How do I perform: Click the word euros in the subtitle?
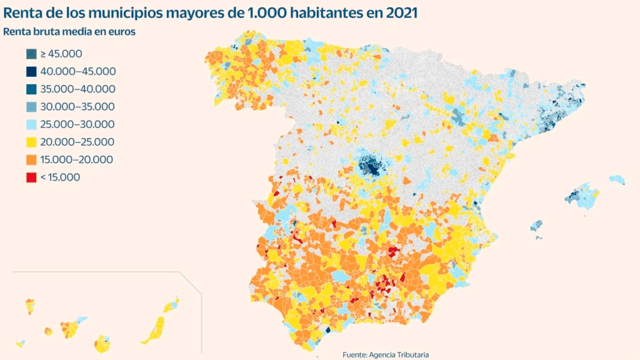122,31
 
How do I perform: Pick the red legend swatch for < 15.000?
31,177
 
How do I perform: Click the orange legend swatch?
31,160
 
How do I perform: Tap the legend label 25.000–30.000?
77,124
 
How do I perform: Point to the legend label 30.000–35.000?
77,107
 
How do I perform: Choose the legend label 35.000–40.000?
77,89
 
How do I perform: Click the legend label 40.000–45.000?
77,72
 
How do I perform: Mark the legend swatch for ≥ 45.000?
31,54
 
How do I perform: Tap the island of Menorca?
617,180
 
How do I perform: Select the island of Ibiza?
535,226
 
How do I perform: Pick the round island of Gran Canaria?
102,344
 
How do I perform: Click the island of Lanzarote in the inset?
172,305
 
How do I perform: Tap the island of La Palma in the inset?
29,306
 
